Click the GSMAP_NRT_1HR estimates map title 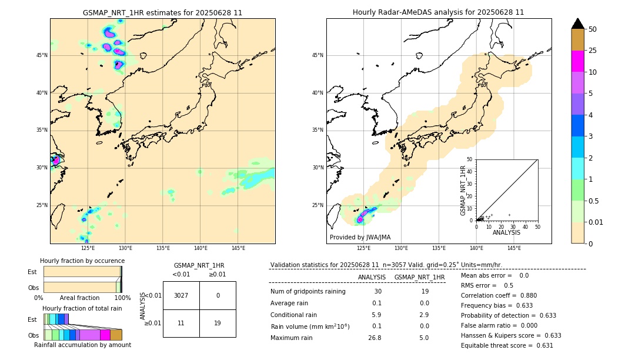(x=162, y=12)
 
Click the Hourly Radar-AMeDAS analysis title (x=438, y=12)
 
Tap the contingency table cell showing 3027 (x=181, y=295)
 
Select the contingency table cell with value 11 (x=181, y=323)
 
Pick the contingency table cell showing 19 (x=218, y=323)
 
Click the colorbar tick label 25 (x=593, y=51)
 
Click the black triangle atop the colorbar (x=578, y=24)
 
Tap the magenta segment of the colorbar (x=578, y=61)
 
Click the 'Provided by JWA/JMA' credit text (x=360, y=238)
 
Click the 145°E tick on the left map (x=238, y=248)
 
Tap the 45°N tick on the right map (x=317, y=55)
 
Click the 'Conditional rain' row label (x=293, y=315)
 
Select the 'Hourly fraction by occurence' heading (x=82, y=261)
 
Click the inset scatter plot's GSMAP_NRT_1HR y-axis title (x=463, y=190)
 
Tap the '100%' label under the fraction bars (x=122, y=298)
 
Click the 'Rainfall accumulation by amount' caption (x=82, y=345)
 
